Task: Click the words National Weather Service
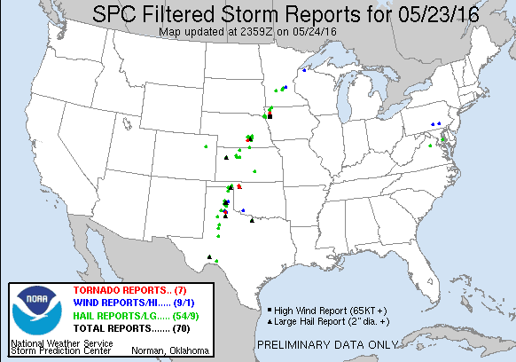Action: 61,342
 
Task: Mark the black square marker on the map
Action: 270,116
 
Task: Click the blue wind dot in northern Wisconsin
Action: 304,70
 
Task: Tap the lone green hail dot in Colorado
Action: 205,146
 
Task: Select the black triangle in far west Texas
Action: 209,257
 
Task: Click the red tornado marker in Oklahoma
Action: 239,185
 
